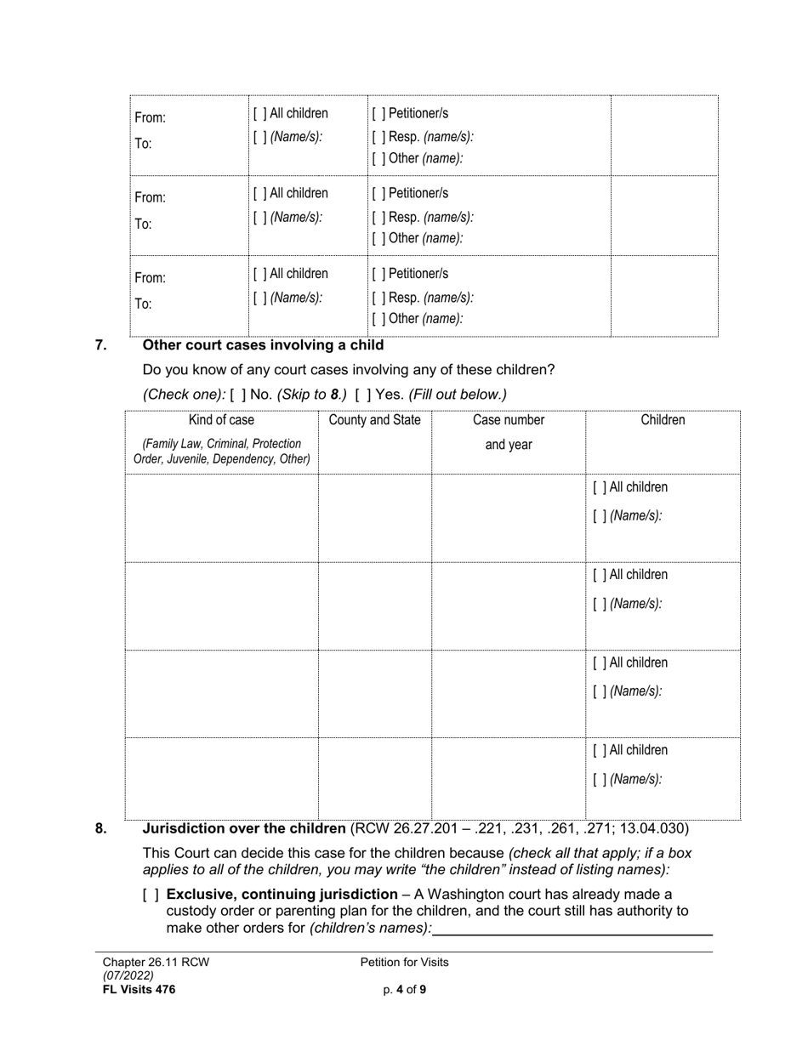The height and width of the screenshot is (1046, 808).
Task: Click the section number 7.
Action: tap(100, 345)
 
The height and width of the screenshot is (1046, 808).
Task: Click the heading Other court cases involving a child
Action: tap(263, 345)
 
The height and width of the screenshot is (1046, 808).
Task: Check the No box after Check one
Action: tap(238, 395)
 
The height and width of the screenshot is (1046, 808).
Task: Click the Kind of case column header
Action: tap(221, 420)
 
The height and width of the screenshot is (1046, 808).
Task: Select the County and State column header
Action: tap(374, 420)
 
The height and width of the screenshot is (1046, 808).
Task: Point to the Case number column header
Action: tap(509, 420)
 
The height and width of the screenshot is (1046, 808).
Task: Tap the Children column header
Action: tap(663, 420)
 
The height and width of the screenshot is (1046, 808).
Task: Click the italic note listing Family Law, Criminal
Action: tap(221, 452)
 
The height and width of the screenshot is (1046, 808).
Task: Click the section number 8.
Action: tap(100, 828)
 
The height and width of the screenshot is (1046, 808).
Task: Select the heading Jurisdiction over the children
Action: tap(244, 828)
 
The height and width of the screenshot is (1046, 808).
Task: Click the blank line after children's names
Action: tap(572, 928)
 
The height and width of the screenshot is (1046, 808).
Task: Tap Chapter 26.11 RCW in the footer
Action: tap(156, 963)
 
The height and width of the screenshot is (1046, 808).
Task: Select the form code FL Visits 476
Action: tap(139, 990)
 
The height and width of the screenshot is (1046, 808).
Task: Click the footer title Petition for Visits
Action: tap(404, 963)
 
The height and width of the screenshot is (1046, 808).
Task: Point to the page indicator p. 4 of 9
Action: tap(404, 990)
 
